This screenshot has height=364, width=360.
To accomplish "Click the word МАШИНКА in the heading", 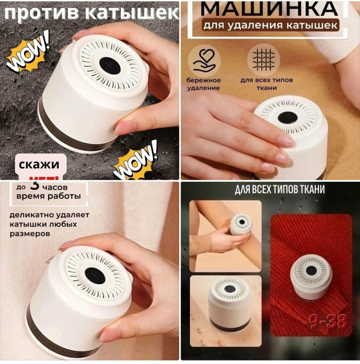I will tap(270, 8).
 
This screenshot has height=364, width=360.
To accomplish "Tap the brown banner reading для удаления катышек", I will tap(270, 25).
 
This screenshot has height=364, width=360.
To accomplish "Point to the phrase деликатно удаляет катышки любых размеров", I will tap(49, 224).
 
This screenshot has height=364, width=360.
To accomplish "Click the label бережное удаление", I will tap(204, 84).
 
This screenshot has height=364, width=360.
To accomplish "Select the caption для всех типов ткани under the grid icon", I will tap(262, 84).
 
